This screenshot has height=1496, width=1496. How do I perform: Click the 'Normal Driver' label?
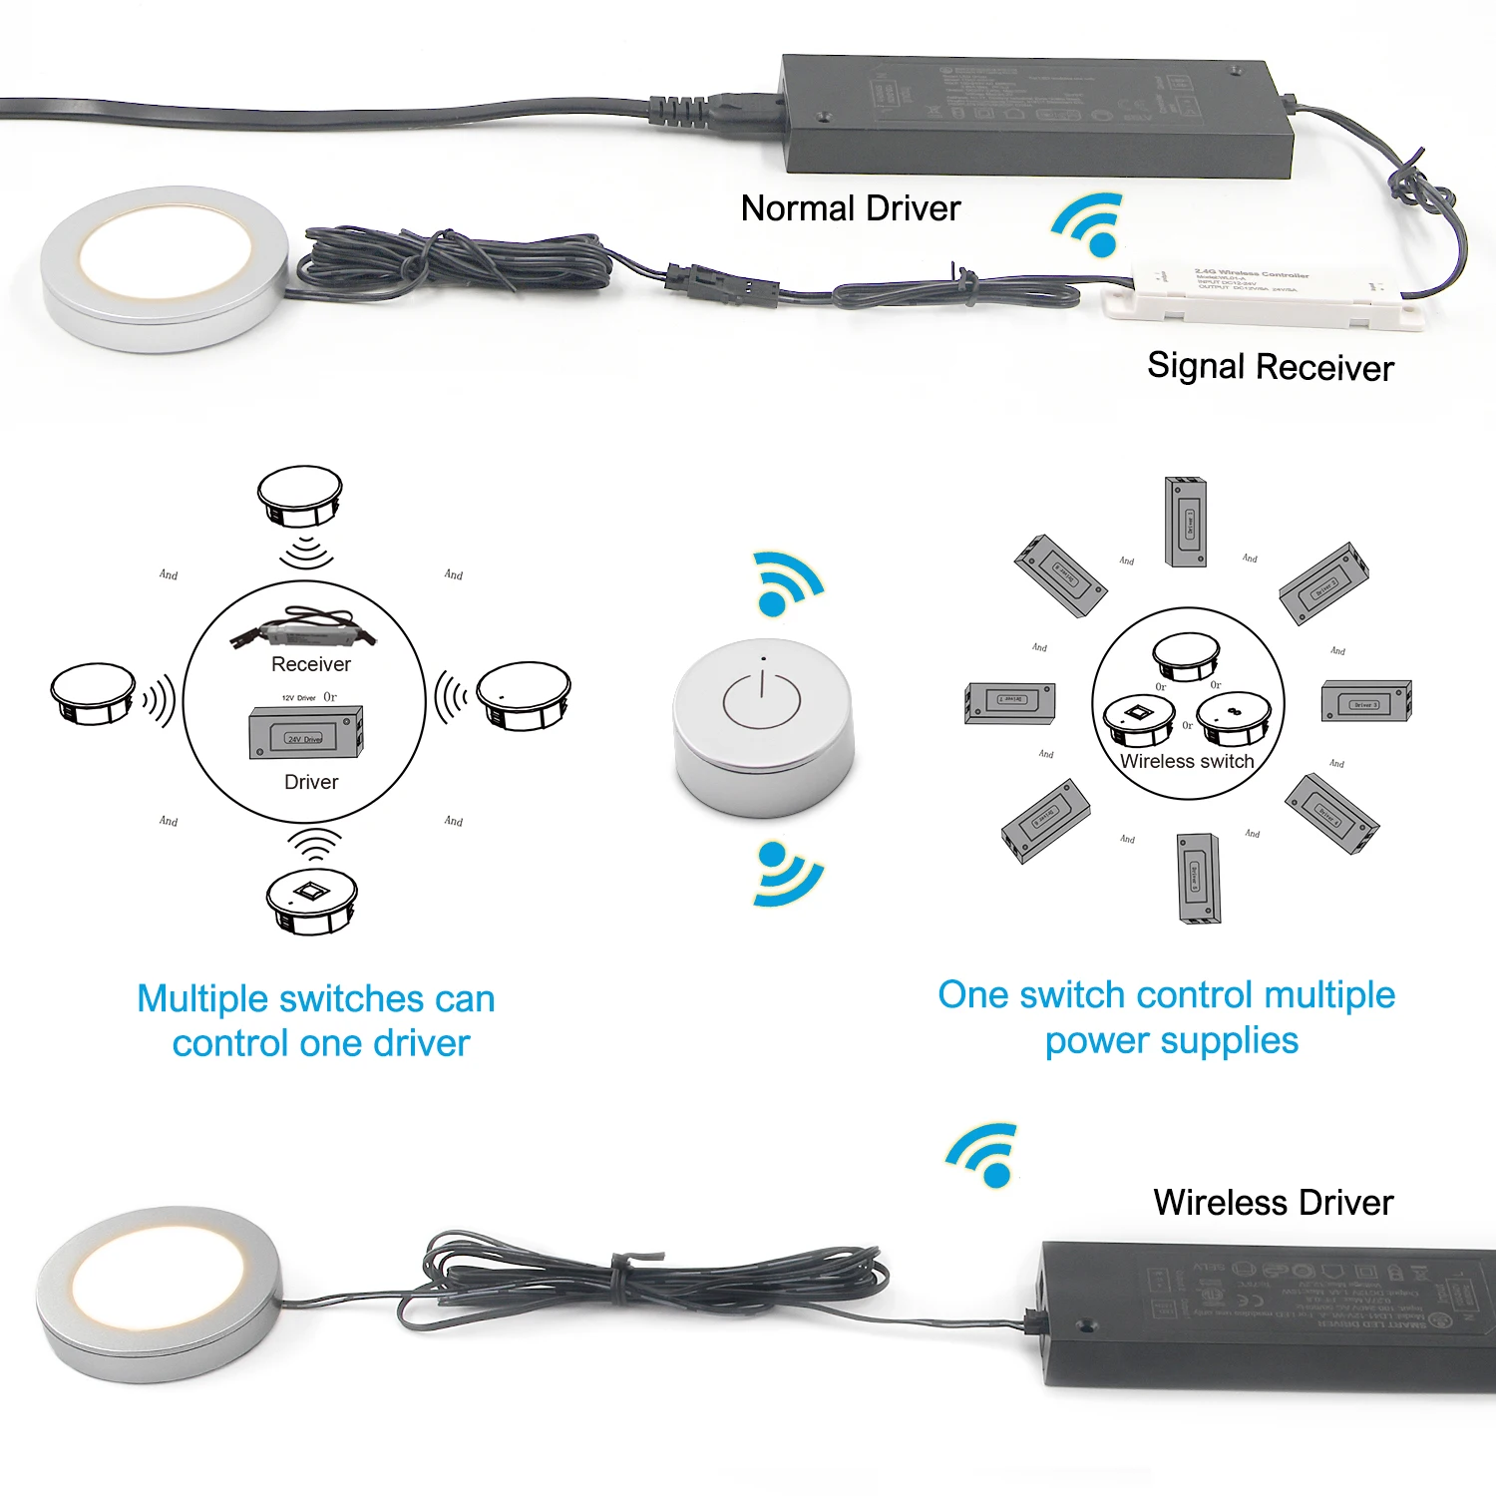850,208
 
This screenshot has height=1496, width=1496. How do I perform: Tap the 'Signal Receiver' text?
1270,367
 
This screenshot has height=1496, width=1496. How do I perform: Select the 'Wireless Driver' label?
1273,1202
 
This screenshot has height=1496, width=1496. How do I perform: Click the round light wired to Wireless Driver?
160,1293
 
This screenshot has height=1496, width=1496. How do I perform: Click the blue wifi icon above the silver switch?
787,584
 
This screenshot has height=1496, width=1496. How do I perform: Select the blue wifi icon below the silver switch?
786,873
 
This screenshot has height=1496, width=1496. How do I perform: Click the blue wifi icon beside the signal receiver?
1090,225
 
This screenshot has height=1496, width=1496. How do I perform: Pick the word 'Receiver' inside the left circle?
311,664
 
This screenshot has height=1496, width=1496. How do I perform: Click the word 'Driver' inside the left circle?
311,782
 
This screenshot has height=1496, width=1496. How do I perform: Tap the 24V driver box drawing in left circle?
305,733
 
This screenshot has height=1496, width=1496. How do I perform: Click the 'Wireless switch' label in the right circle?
1187,761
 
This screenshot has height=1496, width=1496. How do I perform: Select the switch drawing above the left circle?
300,496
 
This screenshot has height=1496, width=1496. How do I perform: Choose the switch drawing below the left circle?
311,901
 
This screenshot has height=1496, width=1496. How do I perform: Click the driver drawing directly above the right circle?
1186,522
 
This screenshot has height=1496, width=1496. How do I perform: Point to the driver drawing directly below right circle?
1199,879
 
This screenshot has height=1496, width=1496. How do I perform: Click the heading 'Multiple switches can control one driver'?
317,1020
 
